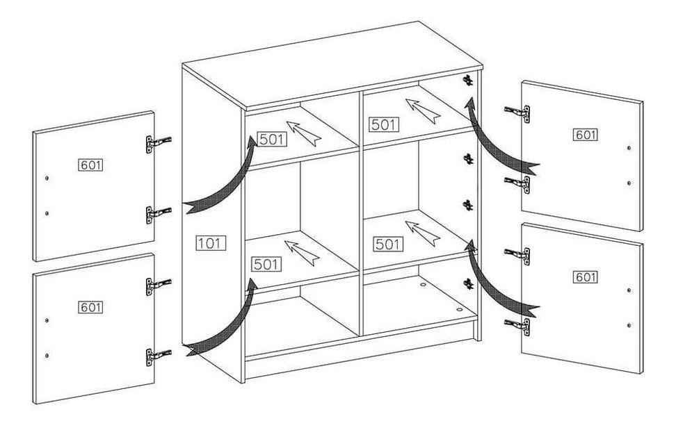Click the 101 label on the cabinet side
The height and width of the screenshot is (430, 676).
pyautogui.click(x=211, y=243)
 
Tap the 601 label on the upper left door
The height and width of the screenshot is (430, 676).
pyautogui.click(x=91, y=165)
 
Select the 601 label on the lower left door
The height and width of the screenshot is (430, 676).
pyautogui.click(x=91, y=307)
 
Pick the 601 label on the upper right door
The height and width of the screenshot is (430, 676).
pyautogui.click(x=586, y=135)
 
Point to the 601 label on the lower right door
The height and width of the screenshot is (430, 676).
pyautogui.click(x=586, y=277)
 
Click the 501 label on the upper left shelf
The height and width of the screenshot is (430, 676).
pyautogui.click(x=272, y=139)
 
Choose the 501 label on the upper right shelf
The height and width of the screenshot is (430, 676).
pyautogui.click(x=384, y=125)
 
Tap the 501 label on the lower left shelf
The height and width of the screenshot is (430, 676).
pyautogui.click(x=266, y=264)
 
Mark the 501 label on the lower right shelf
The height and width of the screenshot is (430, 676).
pyautogui.click(x=388, y=245)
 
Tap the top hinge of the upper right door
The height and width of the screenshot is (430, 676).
pyautogui.click(x=517, y=113)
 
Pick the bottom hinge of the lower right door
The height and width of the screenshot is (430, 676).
pyautogui.click(x=517, y=326)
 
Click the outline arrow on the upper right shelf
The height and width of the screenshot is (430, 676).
pyautogui.click(x=423, y=111)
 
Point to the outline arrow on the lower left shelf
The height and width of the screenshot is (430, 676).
pyautogui.click(x=303, y=253)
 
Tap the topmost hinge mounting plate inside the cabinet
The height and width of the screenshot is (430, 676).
pyautogui.click(x=468, y=80)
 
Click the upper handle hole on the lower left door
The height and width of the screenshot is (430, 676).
pyautogui.click(x=47, y=320)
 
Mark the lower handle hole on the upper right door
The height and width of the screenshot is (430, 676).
pyautogui.click(x=629, y=183)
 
